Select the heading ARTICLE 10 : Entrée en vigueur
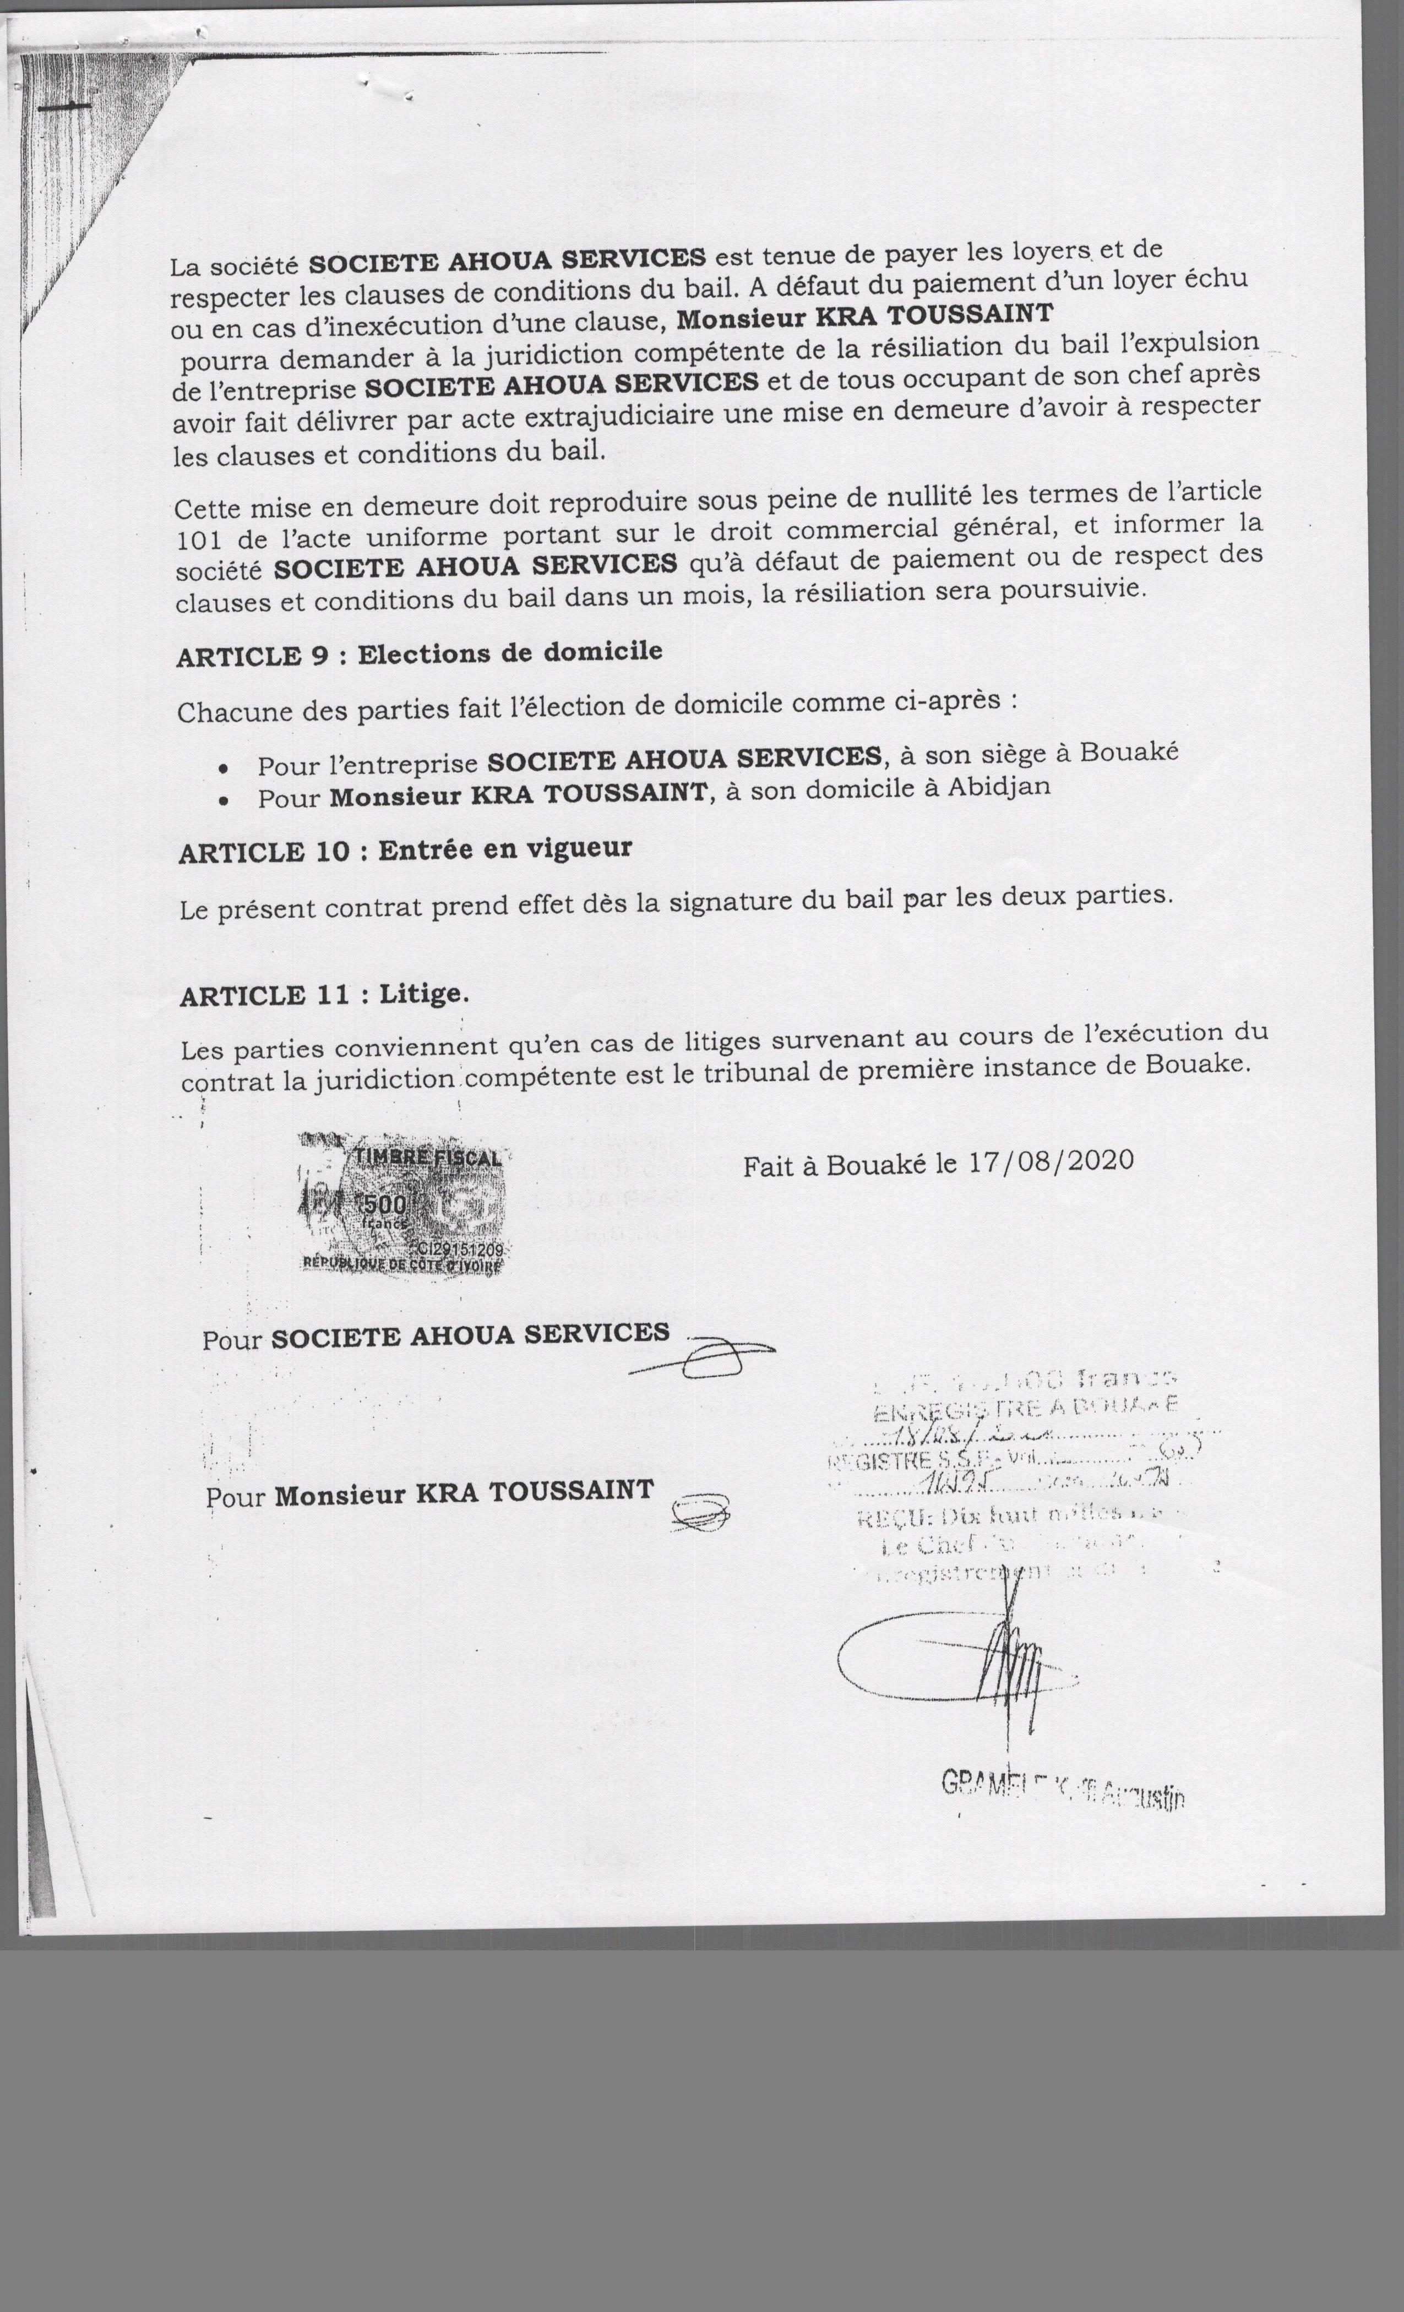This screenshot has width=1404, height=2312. coord(405,849)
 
